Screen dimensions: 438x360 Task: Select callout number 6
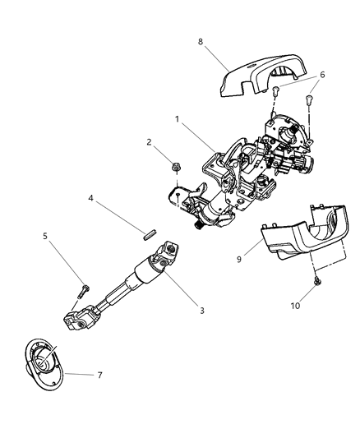(x=321, y=75)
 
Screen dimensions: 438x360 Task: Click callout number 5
(x=46, y=238)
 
